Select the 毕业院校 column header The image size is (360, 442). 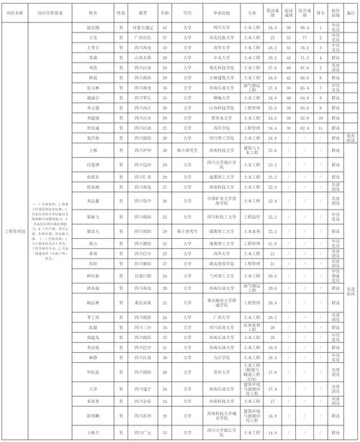point(214,13)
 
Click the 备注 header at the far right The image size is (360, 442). point(351,13)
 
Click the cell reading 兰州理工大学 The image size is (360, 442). point(214,274)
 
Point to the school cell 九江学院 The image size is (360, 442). point(214,357)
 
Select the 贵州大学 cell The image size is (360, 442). point(214,372)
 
